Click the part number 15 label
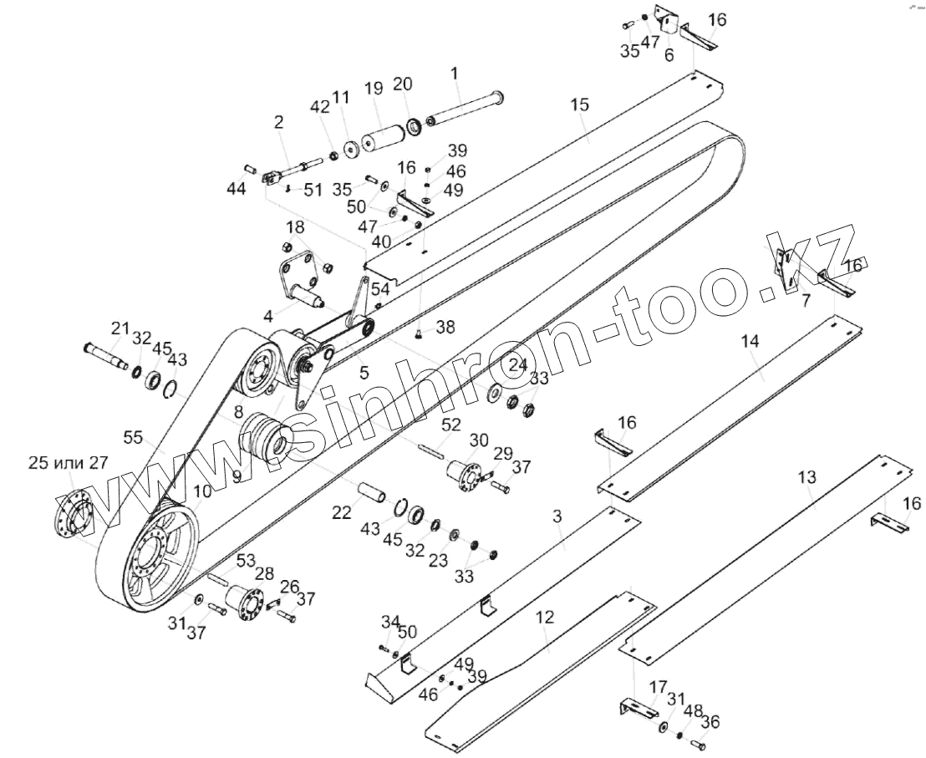580,104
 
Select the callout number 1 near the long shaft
455,74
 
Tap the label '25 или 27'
69,464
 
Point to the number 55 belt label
133,437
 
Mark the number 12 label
545,618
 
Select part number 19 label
373,88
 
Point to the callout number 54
380,288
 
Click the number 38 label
445,328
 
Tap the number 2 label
278,122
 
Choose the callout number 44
237,190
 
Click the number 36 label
710,723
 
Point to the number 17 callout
658,687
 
